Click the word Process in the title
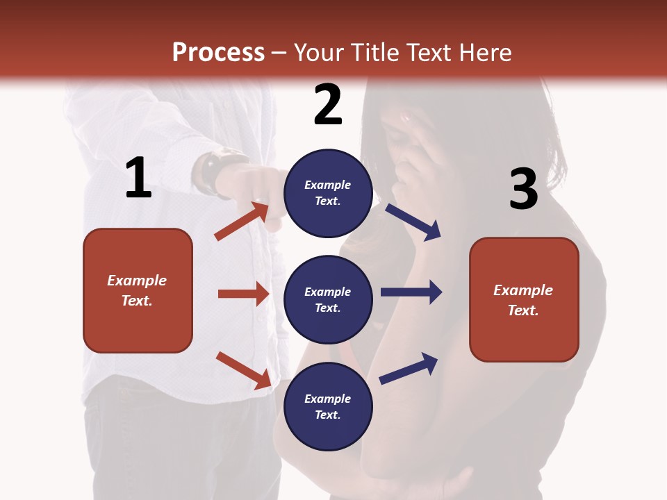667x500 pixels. point(218,53)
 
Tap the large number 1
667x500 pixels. point(138,178)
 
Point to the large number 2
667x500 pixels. point(328,105)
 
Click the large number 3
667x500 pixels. point(523,190)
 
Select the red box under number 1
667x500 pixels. point(138,290)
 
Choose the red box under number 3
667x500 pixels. point(524,300)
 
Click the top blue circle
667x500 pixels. point(328,193)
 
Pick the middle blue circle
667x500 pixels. point(328,299)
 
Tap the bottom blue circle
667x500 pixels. point(328,406)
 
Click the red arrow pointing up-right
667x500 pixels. point(242,221)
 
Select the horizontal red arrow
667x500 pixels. point(243,294)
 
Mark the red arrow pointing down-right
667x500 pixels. point(243,369)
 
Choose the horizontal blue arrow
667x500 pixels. point(411,292)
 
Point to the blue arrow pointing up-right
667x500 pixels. point(409,368)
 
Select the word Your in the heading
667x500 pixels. point(320,53)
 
